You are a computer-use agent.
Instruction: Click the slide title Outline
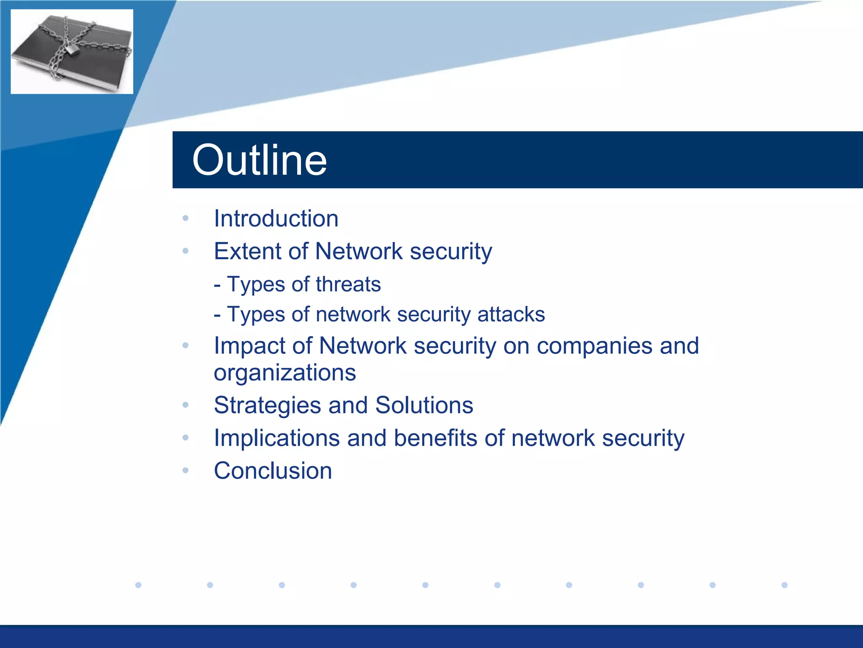(259, 160)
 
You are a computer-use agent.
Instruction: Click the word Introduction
(276, 219)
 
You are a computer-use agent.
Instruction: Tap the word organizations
(285, 373)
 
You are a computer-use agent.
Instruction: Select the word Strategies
(267, 405)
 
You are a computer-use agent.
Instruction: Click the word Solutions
(424, 405)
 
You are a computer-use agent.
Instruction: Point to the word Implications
(276, 438)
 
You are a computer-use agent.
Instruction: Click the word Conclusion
(273, 471)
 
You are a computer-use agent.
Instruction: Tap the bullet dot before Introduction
(185, 219)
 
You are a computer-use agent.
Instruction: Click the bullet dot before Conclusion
(185, 470)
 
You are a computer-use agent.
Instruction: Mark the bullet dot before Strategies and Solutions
(185, 405)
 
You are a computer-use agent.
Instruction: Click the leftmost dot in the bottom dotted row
(138, 585)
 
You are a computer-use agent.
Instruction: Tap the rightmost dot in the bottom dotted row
(784, 585)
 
